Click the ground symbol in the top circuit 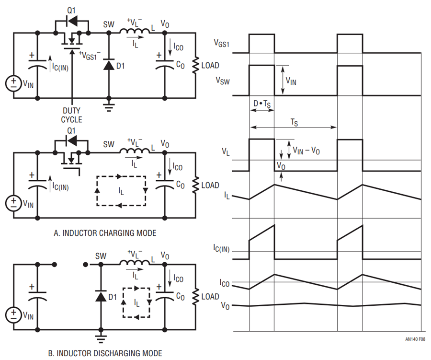[x=109, y=107]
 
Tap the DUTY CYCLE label [x=71, y=115]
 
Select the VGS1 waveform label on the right [x=222, y=44]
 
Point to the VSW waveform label [x=223, y=81]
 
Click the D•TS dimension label [x=262, y=104]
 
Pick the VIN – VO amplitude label [x=306, y=151]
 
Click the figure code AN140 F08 [x=415, y=339]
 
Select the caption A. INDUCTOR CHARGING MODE [x=105, y=233]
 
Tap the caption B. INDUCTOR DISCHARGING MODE [x=105, y=353]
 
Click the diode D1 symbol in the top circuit [x=109, y=65]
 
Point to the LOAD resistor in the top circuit [x=195, y=65]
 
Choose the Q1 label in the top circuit [x=71, y=10]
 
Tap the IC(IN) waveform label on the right [x=221, y=248]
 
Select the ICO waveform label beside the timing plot [x=224, y=283]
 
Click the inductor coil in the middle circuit [x=135, y=150]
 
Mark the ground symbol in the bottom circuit [x=101, y=338]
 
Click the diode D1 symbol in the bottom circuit [x=101, y=296]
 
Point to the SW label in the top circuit [x=109, y=24]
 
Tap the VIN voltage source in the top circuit [x=13, y=83]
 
